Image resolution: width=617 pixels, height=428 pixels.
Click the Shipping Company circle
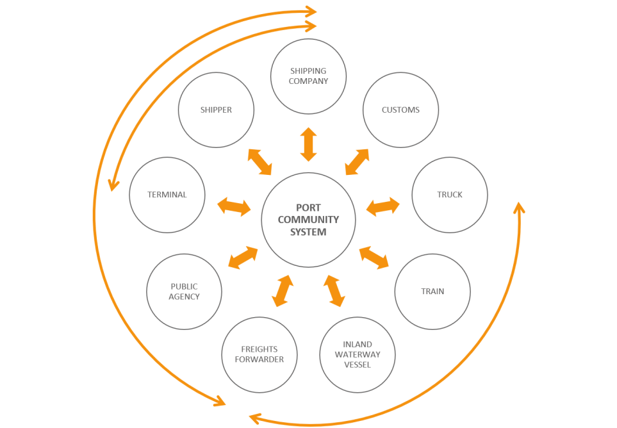point(308,76)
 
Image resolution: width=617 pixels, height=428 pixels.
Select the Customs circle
point(400,110)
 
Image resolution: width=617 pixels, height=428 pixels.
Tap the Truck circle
point(450,195)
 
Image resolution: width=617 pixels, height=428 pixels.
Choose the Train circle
point(432,292)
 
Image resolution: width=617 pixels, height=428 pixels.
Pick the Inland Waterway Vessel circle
point(358,355)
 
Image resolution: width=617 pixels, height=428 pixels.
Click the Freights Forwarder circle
point(259,354)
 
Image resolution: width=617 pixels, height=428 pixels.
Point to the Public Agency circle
point(185,292)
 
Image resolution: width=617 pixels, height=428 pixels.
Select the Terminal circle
point(167,195)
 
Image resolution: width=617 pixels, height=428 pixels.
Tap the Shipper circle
point(216,110)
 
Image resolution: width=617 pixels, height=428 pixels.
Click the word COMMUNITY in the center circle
point(308,220)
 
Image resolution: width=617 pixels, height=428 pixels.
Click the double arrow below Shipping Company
point(309,144)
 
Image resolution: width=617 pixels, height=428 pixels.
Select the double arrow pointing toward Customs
point(357,162)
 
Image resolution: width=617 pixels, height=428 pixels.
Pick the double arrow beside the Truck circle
point(383,206)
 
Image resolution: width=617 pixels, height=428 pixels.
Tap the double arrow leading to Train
point(374,257)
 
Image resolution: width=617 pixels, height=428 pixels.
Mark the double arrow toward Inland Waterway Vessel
point(334,291)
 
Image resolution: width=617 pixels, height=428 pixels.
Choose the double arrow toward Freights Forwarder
point(283,291)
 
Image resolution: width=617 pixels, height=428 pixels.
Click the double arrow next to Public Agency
point(243,258)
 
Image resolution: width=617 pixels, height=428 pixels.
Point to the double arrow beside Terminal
point(234,206)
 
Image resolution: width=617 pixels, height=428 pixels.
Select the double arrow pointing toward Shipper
point(259,162)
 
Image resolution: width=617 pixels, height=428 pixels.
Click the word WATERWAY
point(358,354)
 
